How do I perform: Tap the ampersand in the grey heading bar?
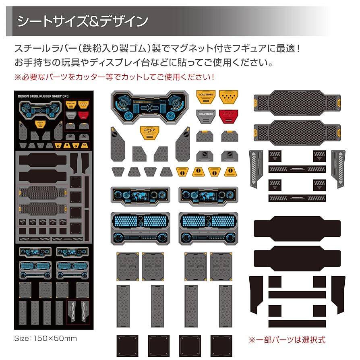[100, 21]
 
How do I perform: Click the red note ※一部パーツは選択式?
[287, 340]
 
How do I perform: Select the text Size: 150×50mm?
[45, 337]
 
